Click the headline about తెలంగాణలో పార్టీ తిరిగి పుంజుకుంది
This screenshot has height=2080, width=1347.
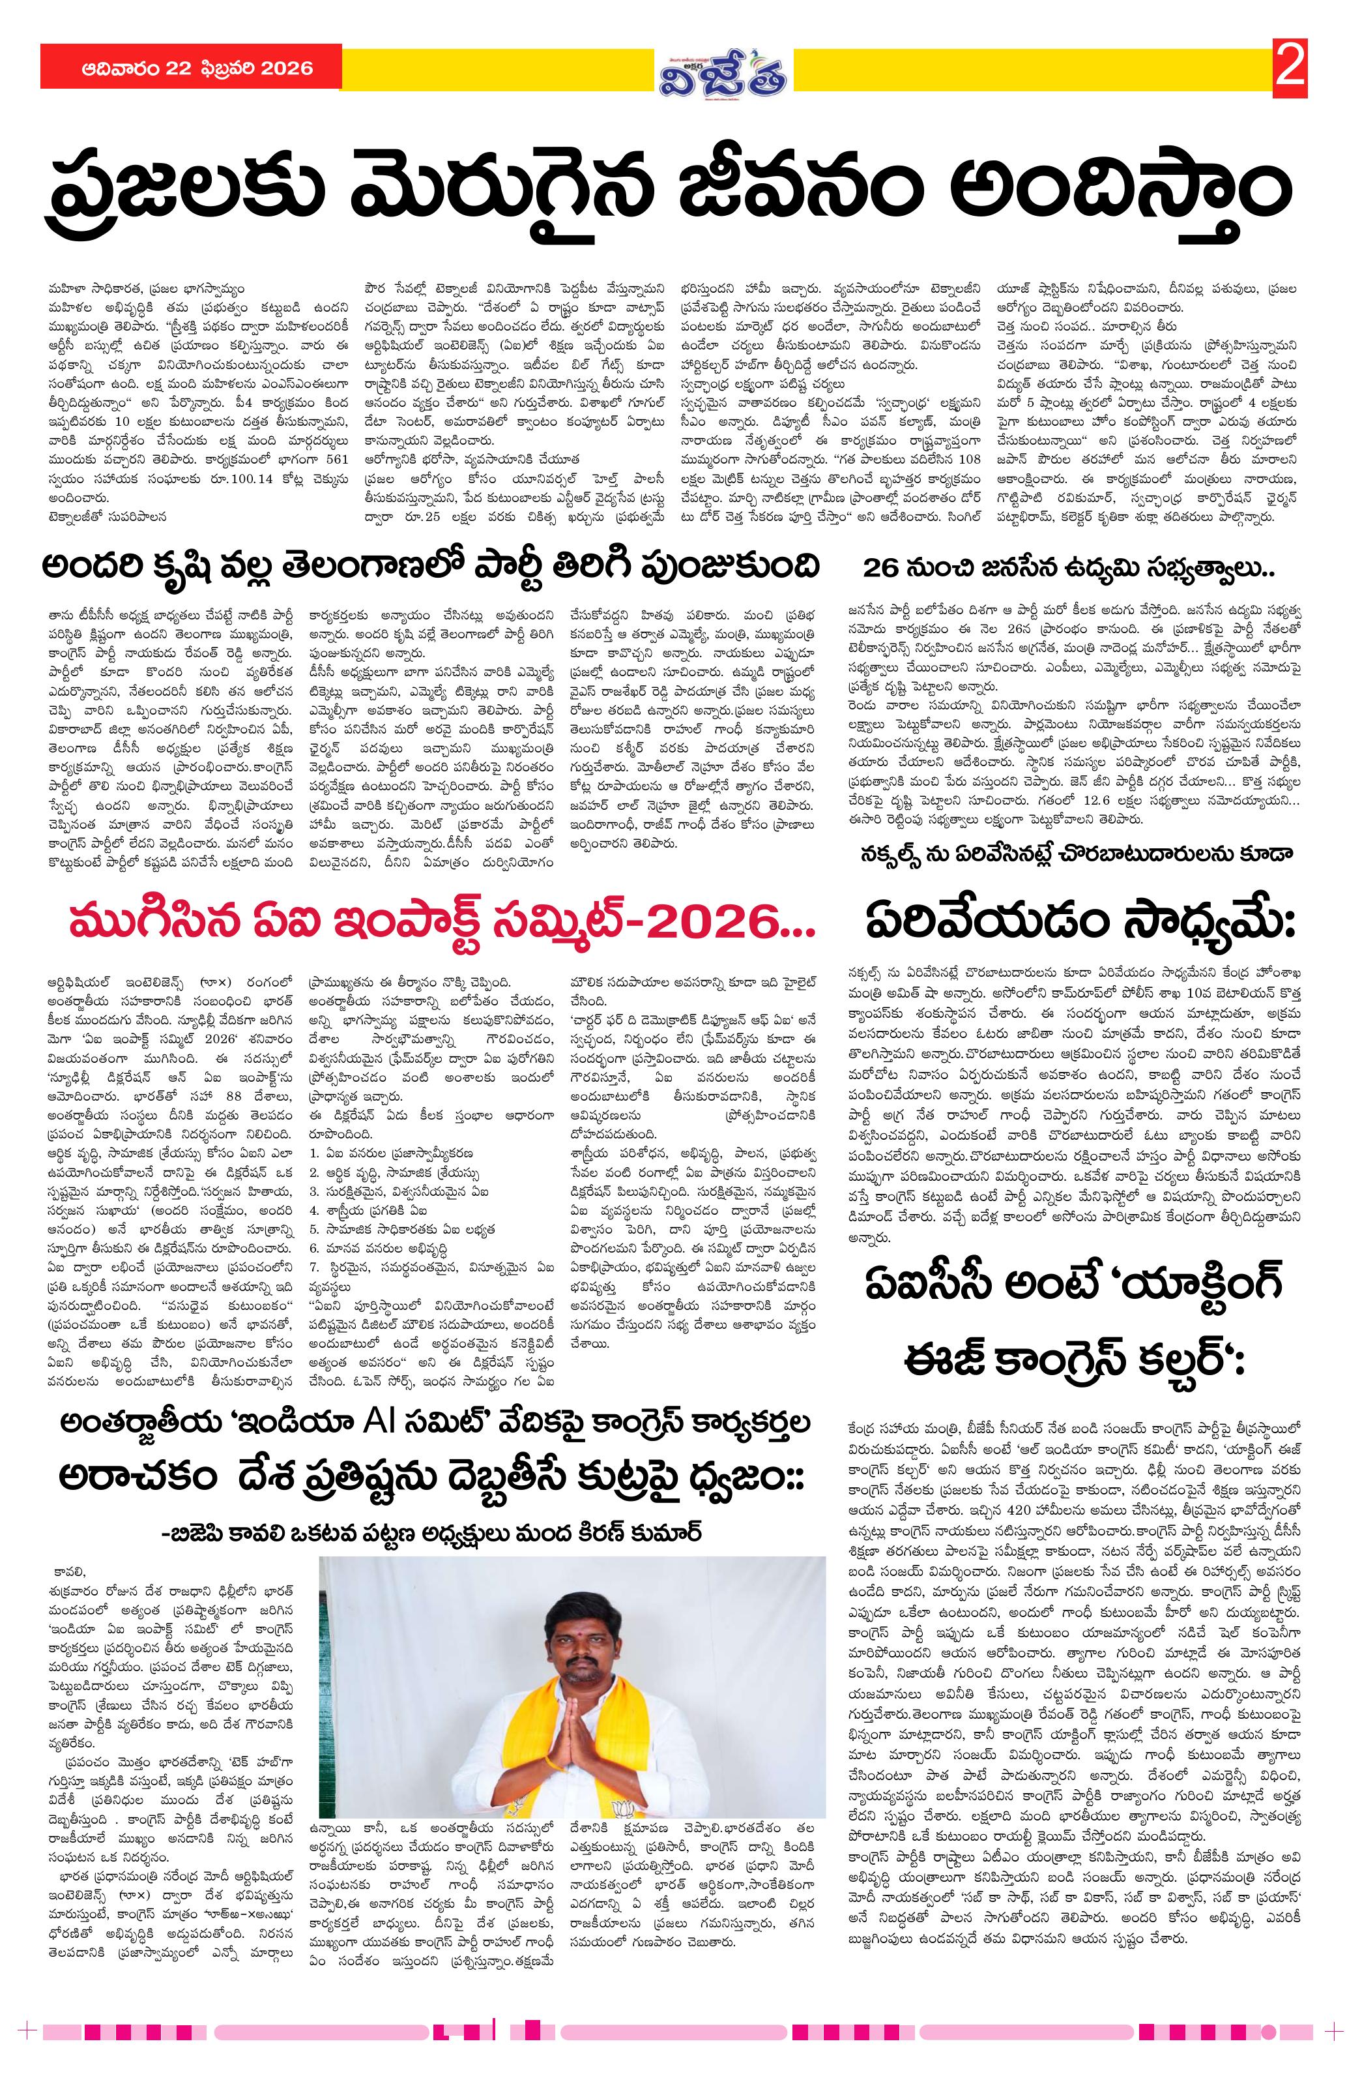431,567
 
